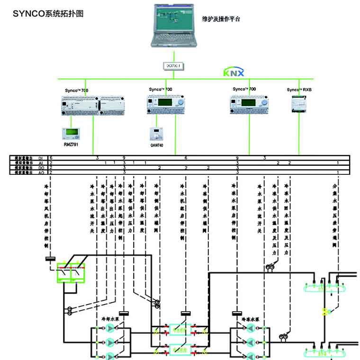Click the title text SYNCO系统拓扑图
(x=48, y=14)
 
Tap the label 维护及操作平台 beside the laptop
(x=222, y=19)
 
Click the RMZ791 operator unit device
(x=72, y=132)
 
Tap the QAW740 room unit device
(x=156, y=132)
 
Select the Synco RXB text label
(x=299, y=90)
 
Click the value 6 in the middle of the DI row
(x=186, y=157)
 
